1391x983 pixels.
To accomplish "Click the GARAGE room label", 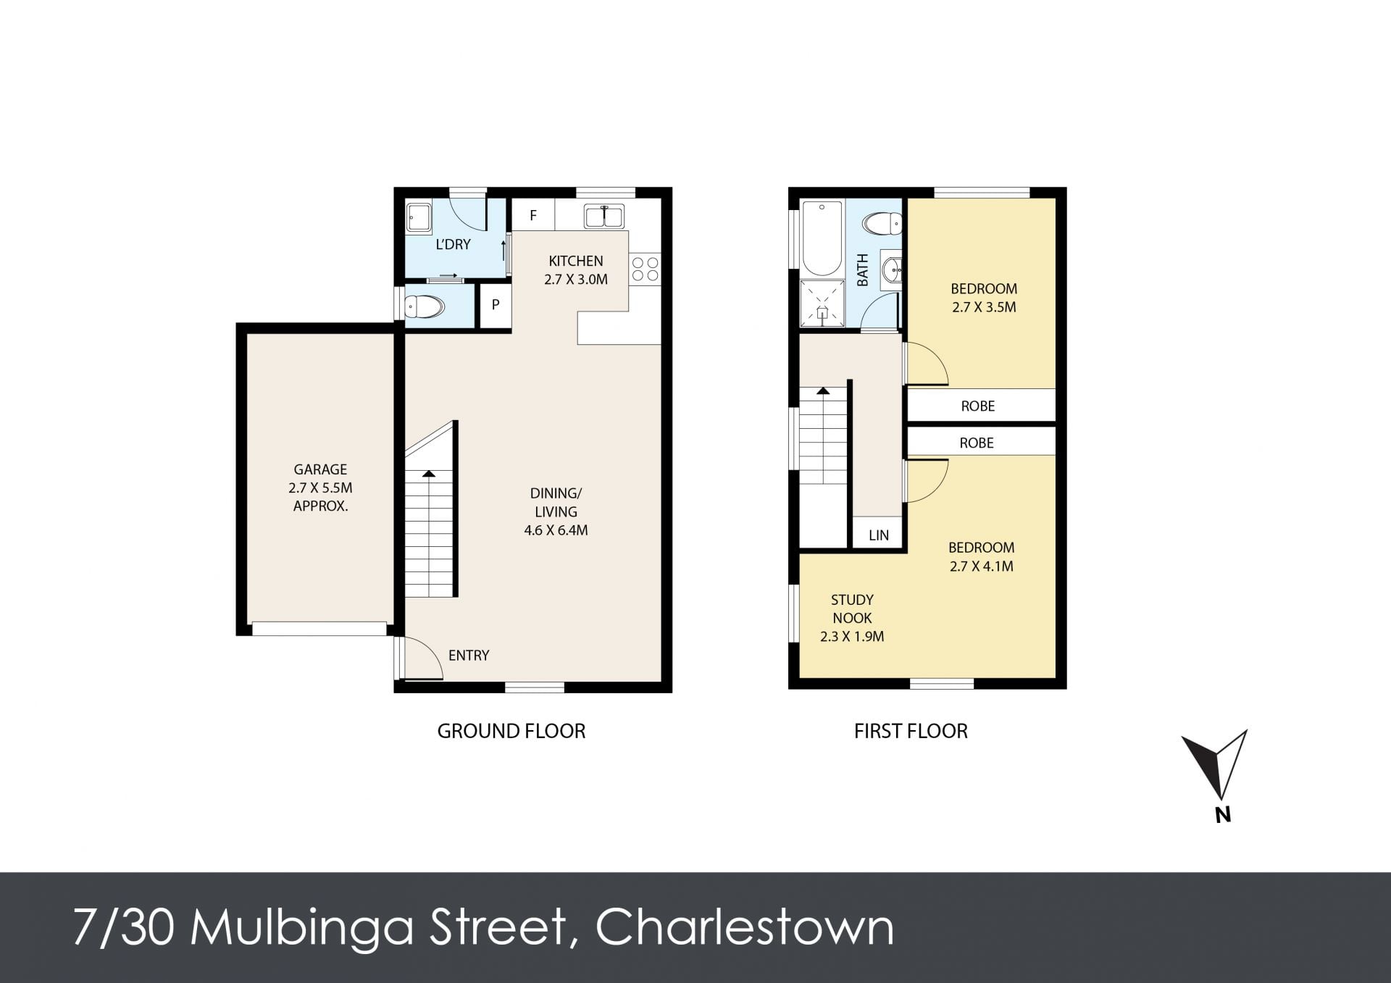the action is (320, 469).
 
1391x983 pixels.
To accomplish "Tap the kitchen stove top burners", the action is (645, 269).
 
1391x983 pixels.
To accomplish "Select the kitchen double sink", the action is (604, 216).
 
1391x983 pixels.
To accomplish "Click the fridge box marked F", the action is (533, 214).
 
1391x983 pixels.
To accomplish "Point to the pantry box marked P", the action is (496, 305).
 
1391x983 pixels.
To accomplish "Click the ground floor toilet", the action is (424, 307).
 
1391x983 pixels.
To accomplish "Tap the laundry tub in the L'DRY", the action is (419, 217).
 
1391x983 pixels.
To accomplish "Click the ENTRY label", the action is (469, 656).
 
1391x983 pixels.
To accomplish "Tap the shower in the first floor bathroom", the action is (822, 303).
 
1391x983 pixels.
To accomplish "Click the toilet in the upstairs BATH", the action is (882, 223).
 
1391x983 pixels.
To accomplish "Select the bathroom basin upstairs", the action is (892, 271).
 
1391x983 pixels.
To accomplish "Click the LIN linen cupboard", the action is (878, 535).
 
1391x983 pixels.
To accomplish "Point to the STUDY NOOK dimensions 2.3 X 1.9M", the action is (852, 637).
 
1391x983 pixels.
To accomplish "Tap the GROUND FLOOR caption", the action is (511, 731).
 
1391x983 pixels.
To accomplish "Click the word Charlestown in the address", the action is (745, 927).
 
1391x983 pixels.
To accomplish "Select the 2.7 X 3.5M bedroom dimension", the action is (984, 307).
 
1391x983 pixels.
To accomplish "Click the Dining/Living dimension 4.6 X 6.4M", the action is (556, 530).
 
